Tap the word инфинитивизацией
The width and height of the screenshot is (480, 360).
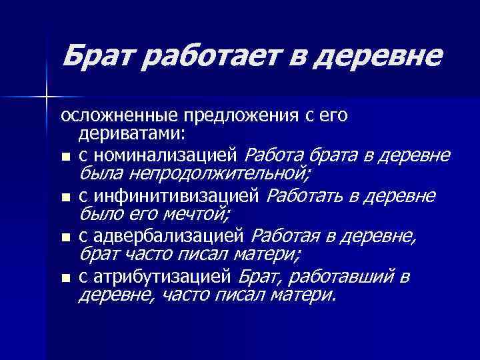tap(175, 196)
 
